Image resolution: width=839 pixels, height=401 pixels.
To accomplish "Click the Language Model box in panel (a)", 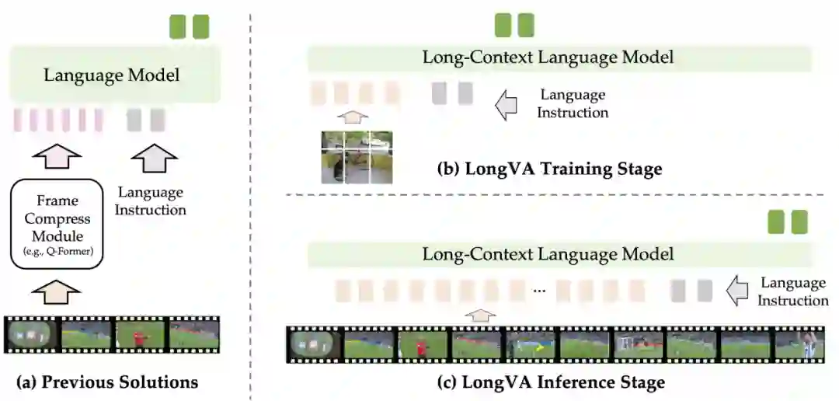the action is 112,75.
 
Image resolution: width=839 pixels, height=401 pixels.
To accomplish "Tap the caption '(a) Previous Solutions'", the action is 106,382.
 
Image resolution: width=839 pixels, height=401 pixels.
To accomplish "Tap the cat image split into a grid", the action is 357,157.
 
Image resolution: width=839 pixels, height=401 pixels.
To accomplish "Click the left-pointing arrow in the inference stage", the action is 734,291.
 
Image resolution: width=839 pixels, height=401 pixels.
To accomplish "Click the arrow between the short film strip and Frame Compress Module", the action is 58,295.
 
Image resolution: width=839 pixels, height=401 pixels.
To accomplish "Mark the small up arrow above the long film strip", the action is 483,315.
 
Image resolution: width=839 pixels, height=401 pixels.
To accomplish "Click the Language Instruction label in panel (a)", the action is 151,201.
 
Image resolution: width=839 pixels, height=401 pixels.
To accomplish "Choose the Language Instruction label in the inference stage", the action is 792,291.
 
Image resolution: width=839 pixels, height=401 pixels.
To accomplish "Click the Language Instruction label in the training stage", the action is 573,103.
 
